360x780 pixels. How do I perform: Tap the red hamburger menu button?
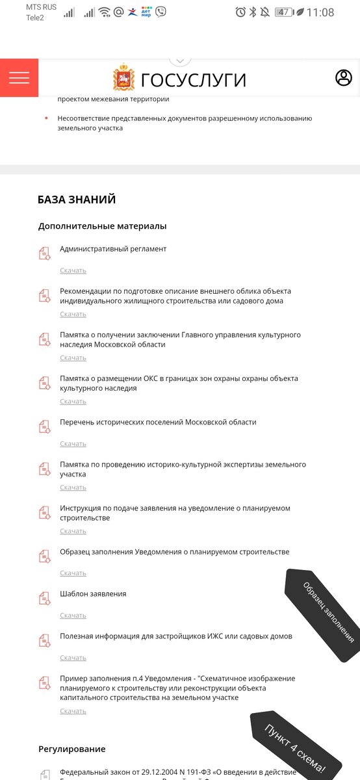point(19,78)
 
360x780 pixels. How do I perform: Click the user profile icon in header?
point(343,78)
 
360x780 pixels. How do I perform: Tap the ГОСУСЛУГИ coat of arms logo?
point(123,78)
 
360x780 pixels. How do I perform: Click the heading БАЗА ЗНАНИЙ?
point(77,200)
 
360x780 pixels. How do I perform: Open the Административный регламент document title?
point(113,249)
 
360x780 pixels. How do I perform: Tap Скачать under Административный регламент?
point(73,270)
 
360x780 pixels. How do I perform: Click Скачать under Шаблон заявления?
point(73,616)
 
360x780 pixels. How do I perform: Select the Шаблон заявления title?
point(93,594)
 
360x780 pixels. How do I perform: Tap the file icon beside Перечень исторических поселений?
point(45,426)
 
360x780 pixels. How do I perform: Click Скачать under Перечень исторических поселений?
point(73,444)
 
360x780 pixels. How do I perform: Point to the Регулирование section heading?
point(71,749)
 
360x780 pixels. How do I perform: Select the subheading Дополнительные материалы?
point(102,226)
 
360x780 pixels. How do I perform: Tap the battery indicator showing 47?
point(283,12)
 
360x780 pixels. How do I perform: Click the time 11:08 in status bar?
point(320,12)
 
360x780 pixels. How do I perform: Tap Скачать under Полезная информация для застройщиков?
point(73,658)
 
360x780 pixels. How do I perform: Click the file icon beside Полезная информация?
point(45,640)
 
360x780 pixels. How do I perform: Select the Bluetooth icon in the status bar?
point(253,12)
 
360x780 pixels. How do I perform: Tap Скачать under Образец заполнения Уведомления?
point(73,573)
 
